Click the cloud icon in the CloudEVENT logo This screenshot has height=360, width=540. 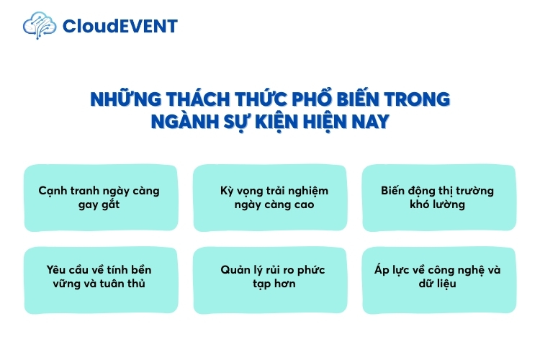[39, 26]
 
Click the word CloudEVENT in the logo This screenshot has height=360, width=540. [120, 27]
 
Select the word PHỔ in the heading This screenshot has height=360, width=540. [308, 99]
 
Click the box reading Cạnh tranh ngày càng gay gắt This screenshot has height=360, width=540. [99, 198]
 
